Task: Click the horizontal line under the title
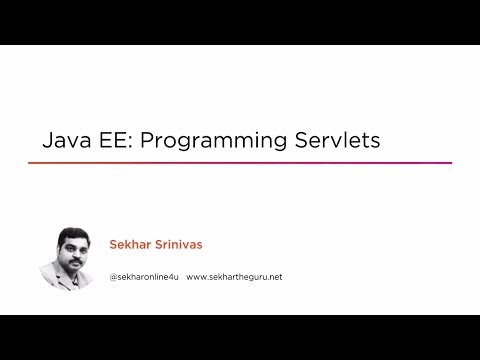[240, 163]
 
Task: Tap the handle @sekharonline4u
[143, 276]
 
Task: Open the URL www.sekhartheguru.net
[234, 276]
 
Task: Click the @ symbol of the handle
[113, 276]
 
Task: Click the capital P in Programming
[146, 140]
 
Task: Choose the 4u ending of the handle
[172, 276]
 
